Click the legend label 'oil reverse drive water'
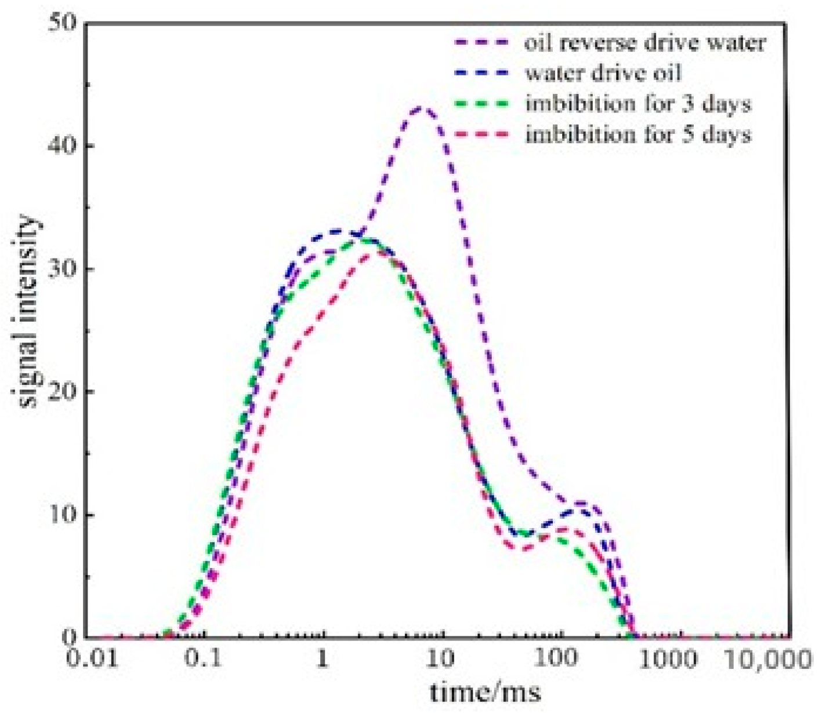tap(644, 43)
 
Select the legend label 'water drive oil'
tap(603, 74)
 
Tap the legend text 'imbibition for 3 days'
tap(638, 104)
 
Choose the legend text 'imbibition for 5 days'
tap(638, 135)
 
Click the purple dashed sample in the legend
tap(482, 43)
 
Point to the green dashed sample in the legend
tap(482, 104)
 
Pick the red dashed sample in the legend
tap(482, 135)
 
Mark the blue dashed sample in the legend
tap(482, 74)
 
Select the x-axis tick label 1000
tap(667, 660)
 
